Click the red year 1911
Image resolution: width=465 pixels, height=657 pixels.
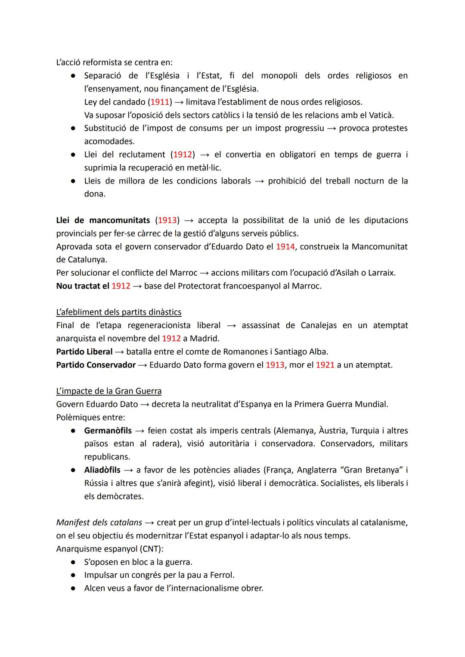(160, 102)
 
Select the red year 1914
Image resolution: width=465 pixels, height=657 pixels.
(285, 247)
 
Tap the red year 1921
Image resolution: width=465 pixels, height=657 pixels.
(325, 365)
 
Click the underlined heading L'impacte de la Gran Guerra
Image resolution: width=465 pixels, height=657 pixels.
(109, 391)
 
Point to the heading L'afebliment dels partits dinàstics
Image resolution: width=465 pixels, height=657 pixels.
(119, 312)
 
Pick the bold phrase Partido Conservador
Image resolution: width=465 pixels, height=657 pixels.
(96, 365)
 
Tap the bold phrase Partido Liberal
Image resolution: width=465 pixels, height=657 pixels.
(84, 352)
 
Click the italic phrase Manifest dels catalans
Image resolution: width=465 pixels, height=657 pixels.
(99, 523)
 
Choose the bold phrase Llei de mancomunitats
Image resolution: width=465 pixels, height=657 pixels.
(103, 220)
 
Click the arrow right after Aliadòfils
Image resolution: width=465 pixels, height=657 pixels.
(129, 470)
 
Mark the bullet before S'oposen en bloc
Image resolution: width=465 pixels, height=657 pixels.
(74, 562)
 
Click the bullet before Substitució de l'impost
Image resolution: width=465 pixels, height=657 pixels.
(74, 128)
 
